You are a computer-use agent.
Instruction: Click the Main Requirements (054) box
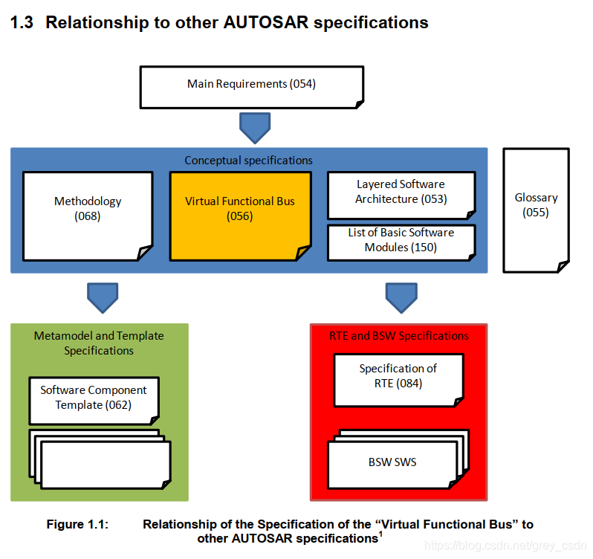(x=252, y=85)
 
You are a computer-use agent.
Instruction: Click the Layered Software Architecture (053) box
(x=401, y=192)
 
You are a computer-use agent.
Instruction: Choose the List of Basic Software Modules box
(x=401, y=240)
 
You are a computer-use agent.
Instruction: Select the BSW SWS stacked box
(x=392, y=463)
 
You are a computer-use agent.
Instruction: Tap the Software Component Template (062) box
(x=94, y=398)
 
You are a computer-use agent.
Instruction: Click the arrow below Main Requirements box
(x=255, y=127)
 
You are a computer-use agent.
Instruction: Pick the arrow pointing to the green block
(x=103, y=297)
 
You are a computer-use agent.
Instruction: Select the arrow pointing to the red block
(x=401, y=297)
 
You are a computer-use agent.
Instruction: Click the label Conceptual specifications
(x=248, y=161)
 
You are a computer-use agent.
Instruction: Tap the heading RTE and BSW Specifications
(x=398, y=336)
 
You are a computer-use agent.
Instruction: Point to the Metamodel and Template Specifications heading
(x=99, y=343)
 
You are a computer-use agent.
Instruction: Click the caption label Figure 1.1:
(x=77, y=525)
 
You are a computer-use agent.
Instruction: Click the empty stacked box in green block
(x=106, y=465)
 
